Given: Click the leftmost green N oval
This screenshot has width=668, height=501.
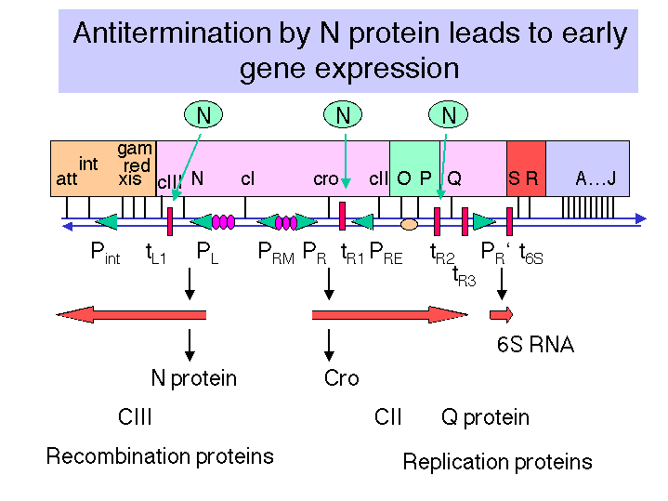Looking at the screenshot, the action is tap(203, 114).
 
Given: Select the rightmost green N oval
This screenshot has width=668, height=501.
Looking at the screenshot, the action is tap(448, 114).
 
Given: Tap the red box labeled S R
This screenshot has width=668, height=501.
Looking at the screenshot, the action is tap(526, 168).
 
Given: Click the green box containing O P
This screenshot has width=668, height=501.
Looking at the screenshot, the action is tap(414, 168).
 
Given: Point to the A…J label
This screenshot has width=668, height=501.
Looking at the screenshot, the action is tap(596, 178).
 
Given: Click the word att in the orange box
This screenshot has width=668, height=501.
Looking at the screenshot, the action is tap(67, 179).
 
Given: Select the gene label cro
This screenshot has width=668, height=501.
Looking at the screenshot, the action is tap(325, 179).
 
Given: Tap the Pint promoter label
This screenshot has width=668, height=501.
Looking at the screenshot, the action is tap(105, 253).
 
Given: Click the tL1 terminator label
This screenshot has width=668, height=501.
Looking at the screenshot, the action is tap(155, 253).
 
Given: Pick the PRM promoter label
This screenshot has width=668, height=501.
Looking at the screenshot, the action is tap(276, 253).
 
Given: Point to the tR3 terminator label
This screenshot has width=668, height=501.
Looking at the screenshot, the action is tap(464, 276).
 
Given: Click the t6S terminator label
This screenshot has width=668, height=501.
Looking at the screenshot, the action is tap(531, 254).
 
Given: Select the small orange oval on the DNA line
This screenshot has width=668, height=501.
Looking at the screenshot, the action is tap(409, 224).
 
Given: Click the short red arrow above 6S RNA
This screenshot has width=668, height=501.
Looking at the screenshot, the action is tap(502, 315).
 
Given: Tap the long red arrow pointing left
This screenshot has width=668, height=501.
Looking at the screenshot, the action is tap(131, 315).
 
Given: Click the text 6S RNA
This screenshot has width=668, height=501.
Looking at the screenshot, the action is tap(535, 345).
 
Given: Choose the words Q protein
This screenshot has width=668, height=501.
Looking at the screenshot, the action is tap(485, 417).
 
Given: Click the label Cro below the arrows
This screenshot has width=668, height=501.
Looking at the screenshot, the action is tap(341, 377).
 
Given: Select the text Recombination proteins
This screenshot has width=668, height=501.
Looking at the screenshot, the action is tap(160, 456).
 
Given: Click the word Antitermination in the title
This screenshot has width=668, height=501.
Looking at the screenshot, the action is tap(172, 33).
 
